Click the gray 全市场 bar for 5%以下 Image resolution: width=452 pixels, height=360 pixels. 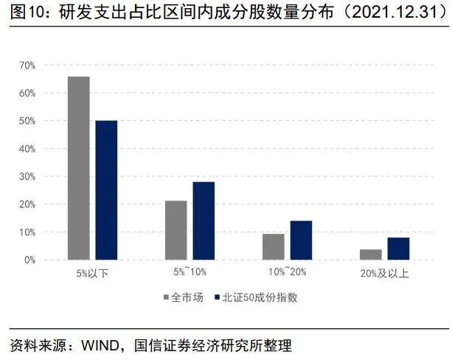[x=79, y=168]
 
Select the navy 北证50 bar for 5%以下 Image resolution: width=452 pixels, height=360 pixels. [x=106, y=190]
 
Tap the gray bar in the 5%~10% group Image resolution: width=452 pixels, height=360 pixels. [x=175, y=230]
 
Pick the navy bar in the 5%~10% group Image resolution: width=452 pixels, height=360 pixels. [x=204, y=221]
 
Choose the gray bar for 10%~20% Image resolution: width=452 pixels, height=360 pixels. [x=273, y=246]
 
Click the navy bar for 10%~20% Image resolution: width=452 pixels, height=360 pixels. [x=301, y=240]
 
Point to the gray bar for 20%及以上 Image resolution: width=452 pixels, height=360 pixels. [x=370, y=255]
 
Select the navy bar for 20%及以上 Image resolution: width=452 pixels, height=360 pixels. [x=398, y=249]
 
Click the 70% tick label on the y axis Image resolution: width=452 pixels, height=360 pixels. [x=27, y=66]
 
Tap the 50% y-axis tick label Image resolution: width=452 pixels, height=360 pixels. [x=27, y=121]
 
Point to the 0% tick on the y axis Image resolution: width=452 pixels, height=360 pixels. [x=29, y=260]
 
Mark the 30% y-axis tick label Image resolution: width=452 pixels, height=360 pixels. [x=27, y=176]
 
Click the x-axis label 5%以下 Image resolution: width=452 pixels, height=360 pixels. [x=92, y=273]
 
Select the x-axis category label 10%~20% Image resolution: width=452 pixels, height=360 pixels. [x=287, y=273]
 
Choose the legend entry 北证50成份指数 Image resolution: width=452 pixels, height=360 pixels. [x=259, y=298]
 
